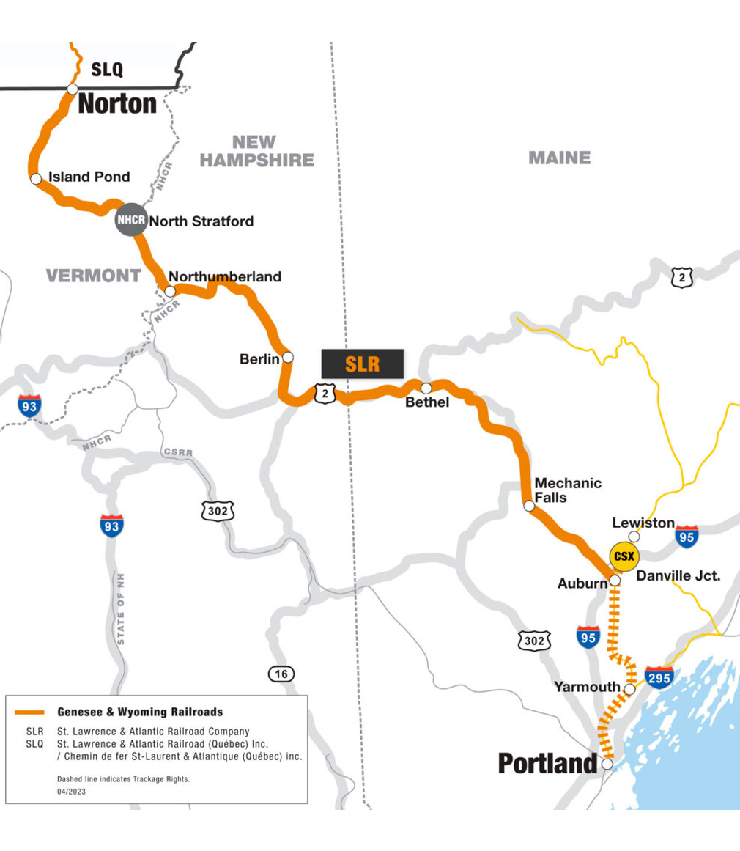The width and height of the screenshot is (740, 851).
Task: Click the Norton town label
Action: click(x=117, y=103)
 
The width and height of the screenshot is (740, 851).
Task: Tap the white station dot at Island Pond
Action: click(x=35, y=179)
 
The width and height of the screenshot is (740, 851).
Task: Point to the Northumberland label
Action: click(x=225, y=276)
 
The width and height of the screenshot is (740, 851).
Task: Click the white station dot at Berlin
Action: click(x=288, y=357)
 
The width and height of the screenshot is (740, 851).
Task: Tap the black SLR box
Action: click(x=363, y=364)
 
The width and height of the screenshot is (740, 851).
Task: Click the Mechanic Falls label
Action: click(x=568, y=490)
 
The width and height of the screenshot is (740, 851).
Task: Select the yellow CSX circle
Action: click(x=624, y=556)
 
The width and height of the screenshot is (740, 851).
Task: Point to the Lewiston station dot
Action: click(x=634, y=537)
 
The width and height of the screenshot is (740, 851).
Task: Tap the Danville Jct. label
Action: click(x=678, y=576)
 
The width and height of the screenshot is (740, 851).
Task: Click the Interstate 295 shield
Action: click(x=659, y=677)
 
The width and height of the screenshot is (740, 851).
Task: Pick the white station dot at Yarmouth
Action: click(x=629, y=688)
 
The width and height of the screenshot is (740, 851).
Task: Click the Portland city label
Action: click(x=547, y=763)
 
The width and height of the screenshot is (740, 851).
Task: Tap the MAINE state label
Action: click(x=559, y=158)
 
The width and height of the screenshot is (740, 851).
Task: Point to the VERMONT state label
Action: click(x=93, y=276)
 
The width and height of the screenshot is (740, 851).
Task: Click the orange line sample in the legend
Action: click(x=30, y=712)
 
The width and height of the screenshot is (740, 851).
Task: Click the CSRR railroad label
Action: click(x=178, y=453)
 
